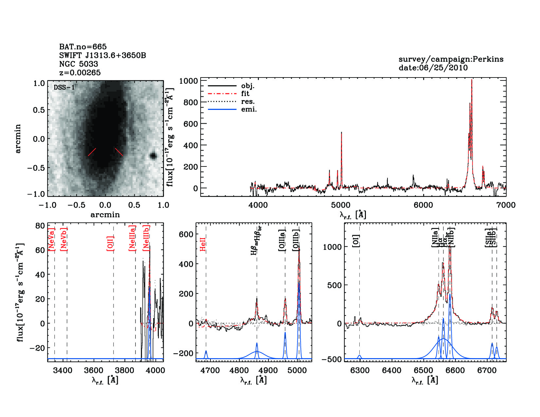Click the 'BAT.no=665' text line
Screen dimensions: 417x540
[x=83, y=47]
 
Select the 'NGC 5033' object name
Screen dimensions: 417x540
[x=79, y=64]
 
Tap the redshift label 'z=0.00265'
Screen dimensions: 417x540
[x=80, y=73]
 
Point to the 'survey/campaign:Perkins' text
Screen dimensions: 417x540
[x=451, y=59]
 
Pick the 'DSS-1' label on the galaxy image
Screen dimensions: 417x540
[x=64, y=87]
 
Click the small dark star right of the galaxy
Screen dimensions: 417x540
[x=153, y=156]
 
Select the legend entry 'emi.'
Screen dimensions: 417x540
[x=249, y=109]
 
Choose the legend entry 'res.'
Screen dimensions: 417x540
[x=248, y=101]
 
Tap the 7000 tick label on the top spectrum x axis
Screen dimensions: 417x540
[x=506, y=205]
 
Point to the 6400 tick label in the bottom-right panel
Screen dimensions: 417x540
[x=392, y=370]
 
